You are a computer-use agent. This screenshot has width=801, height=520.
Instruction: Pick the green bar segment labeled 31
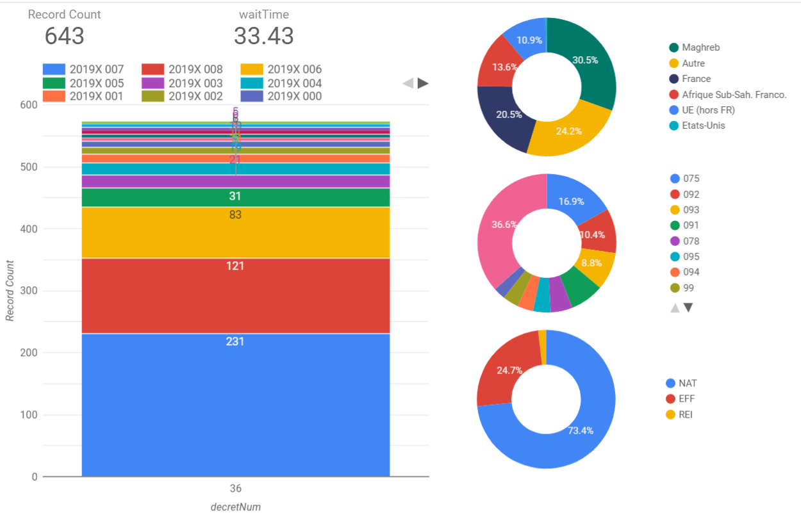coord(235,197)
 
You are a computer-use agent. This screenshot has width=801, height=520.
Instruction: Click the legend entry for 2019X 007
coord(83,70)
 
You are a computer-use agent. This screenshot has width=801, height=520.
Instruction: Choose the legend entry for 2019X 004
coord(282,83)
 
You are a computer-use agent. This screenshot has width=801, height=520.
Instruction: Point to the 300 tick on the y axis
coord(29,291)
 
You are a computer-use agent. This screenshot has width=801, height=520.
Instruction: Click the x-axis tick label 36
coord(236,489)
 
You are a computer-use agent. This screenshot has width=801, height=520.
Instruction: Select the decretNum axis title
coord(236,507)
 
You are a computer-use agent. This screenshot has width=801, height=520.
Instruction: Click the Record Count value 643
coord(64,36)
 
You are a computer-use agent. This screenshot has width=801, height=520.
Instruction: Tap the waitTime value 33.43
coord(263,36)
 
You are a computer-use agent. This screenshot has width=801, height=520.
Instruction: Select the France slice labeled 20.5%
coord(506,118)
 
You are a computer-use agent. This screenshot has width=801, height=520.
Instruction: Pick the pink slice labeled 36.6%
coord(500,231)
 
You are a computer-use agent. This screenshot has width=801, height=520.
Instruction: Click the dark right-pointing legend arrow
coord(423,83)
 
